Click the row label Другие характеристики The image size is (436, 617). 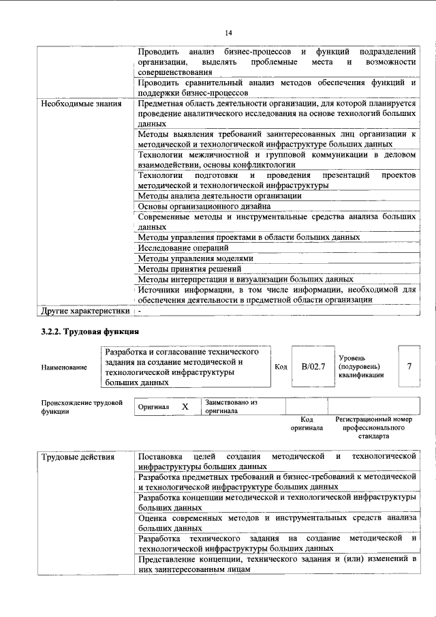pyautogui.click(x=84, y=311)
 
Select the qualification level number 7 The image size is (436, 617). pyautogui.click(x=409, y=367)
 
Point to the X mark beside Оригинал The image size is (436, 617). pyautogui.click(x=185, y=406)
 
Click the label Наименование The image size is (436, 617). pyautogui.click(x=64, y=367)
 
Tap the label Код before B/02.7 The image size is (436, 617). pyautogui.click(x=280, y=367)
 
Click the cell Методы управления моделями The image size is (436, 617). pyautogui.click(x=185, y=258)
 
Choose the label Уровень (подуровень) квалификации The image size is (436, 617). pyautogui.click(x=360, y=366)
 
